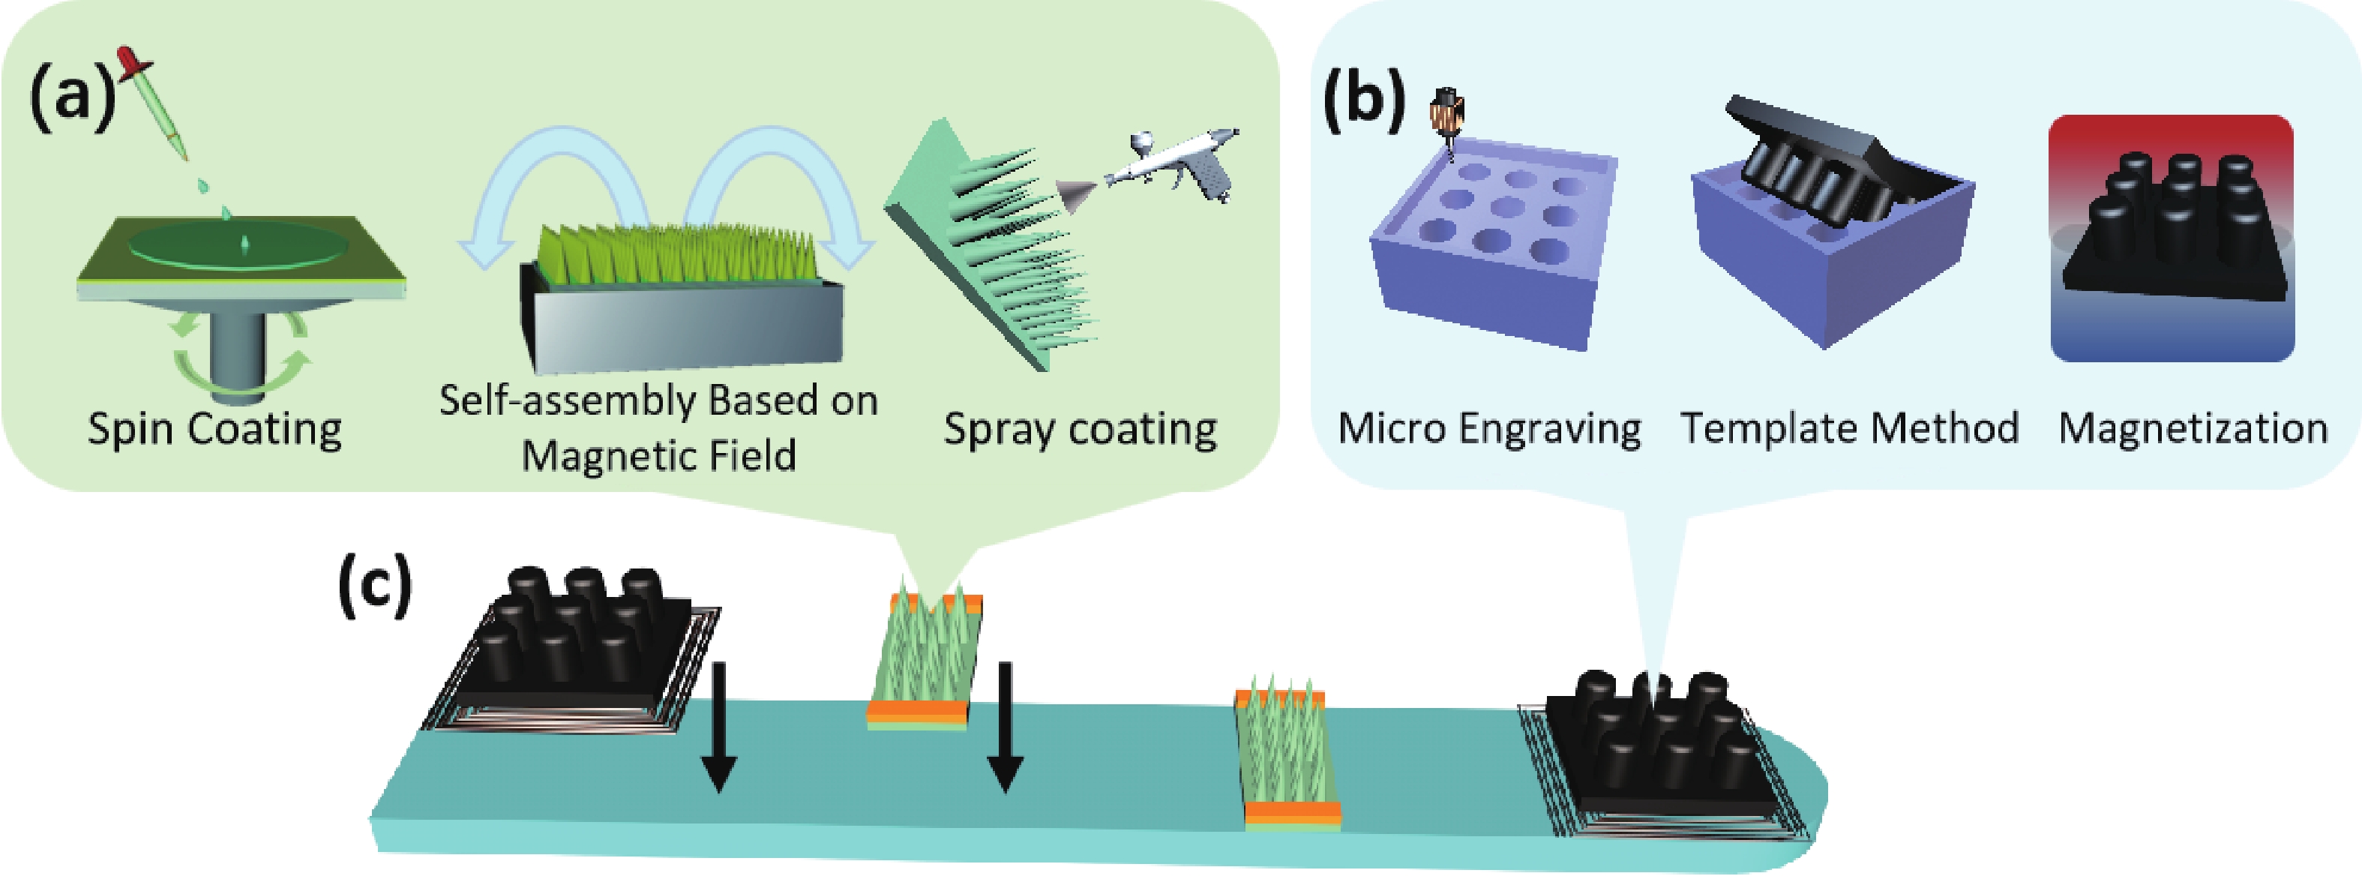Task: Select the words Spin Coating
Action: point(214,429)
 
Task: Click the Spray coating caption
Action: point(1080,429)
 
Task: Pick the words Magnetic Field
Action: point(658,456)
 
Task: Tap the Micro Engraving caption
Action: point(1489,428)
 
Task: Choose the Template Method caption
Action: point(1849,428)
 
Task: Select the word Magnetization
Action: point(2193,428)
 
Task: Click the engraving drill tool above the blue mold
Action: point(1446,118)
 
